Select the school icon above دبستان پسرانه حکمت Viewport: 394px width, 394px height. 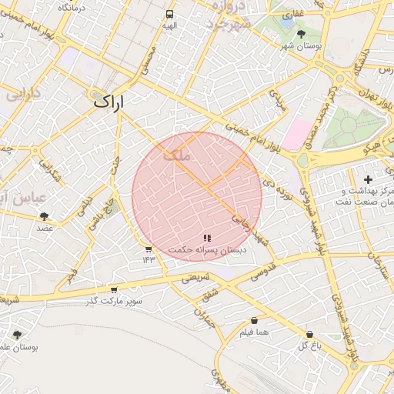coord(207,239)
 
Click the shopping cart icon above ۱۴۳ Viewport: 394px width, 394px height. coord(149,249)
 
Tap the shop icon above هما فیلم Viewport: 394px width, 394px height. coord(254,321)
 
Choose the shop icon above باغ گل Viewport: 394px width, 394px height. coord(309,335)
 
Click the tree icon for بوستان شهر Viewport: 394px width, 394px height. coord(301,34)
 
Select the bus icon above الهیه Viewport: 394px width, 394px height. coord(169,14)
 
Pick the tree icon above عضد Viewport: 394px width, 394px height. coord(44,216)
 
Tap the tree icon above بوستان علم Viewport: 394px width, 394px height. coord(17,335)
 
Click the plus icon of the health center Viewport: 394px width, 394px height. coord(368,179)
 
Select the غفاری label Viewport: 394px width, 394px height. coord(293,15)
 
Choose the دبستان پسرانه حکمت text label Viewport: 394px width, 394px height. coord(207,251)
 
